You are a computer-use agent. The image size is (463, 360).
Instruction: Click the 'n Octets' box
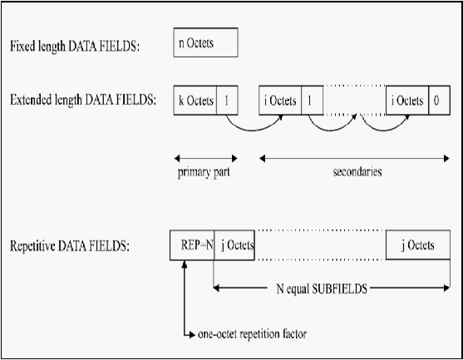[x=206, y=42]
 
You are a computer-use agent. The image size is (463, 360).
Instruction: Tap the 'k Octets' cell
[x=195, y=101]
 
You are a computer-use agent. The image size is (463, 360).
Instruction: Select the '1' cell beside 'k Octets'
[x=228, y=101]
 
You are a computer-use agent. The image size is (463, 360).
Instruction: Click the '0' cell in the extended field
[x=440, y=101]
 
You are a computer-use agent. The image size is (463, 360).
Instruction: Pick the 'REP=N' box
[x=192, y=245]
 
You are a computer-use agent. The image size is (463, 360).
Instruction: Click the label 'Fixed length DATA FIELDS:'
[x=75, y=46]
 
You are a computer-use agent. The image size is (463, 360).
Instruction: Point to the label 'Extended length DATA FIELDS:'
[x=83, y=100]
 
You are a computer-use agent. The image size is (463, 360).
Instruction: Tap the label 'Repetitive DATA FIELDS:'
[x=70, y=246]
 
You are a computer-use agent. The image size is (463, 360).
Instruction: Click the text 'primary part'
[x=204, y=172]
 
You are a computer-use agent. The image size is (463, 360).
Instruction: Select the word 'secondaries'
[x=357, y=171]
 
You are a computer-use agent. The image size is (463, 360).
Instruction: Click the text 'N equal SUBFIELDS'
[x=322, y=288]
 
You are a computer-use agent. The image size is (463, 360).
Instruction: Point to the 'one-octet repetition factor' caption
[x=252, y=334]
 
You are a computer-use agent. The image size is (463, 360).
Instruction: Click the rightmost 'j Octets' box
[x=418, y=244]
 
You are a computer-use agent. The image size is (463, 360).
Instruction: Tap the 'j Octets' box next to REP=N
[x=234, y=245]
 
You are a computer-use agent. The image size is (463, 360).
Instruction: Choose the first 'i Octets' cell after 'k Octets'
[x=280, y=101]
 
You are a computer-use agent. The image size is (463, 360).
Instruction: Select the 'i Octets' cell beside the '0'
[x=407, y=101]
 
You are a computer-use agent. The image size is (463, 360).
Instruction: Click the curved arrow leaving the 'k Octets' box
[x=253, y=130]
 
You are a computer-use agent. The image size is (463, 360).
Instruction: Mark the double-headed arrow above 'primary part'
[x=206, y=159]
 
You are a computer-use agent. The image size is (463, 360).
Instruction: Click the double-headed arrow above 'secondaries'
[x=354, y=159]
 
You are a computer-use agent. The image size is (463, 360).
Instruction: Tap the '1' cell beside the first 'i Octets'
[x=313, y=101]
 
